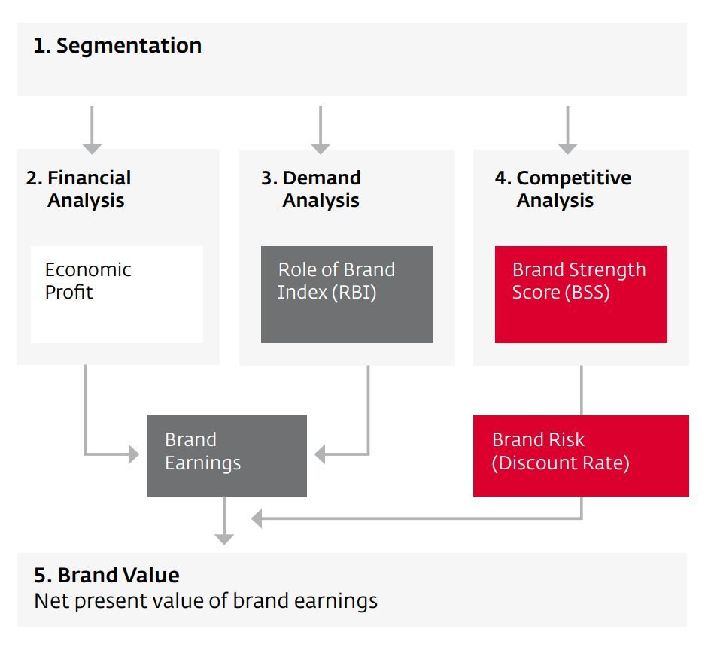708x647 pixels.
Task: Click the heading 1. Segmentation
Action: [117, 46]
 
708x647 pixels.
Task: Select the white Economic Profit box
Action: [117, 293]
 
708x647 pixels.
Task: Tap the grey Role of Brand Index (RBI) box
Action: [347, 293]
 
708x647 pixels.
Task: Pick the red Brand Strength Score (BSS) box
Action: [581, 293]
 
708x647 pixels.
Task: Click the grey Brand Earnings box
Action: [226, 455]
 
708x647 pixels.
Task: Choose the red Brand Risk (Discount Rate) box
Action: [581, 455]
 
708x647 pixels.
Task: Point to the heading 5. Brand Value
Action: [107, 576]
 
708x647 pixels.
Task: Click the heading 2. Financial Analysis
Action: [78, 189]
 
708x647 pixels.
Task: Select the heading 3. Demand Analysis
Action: [311, 189]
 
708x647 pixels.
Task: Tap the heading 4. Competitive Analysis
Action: [563, 189]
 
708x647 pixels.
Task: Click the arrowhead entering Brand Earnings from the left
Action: [133, 454]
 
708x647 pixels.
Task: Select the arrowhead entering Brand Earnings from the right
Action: [321, 454]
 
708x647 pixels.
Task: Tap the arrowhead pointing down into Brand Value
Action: [223, 538]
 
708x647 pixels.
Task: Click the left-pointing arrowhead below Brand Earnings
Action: [257, 518]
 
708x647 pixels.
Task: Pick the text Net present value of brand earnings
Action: [205, 601]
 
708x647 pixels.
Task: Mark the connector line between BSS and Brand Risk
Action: [581, 390]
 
